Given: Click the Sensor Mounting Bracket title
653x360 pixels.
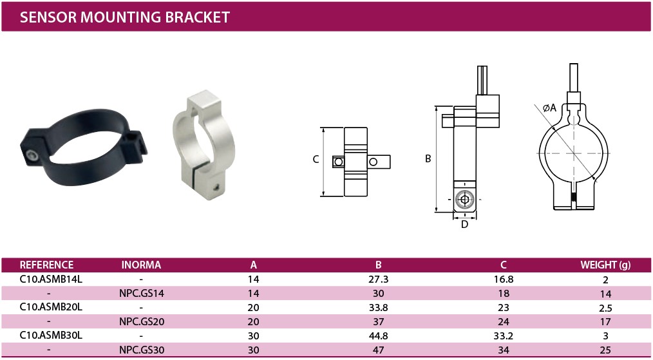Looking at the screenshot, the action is [124, 17].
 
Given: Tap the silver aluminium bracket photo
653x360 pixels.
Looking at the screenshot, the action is [204, 145].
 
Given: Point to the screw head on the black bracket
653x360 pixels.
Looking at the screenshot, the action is [32, 156].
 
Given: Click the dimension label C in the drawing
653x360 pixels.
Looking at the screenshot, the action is [316, 159].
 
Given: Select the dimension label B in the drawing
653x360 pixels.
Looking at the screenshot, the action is [428, 159].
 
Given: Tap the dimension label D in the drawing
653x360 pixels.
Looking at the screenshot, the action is [465, 225].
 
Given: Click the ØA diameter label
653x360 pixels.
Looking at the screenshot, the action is [550, 108].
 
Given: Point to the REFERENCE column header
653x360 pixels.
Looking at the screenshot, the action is [46, 265].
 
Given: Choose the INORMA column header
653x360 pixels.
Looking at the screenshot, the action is [141, 265].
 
